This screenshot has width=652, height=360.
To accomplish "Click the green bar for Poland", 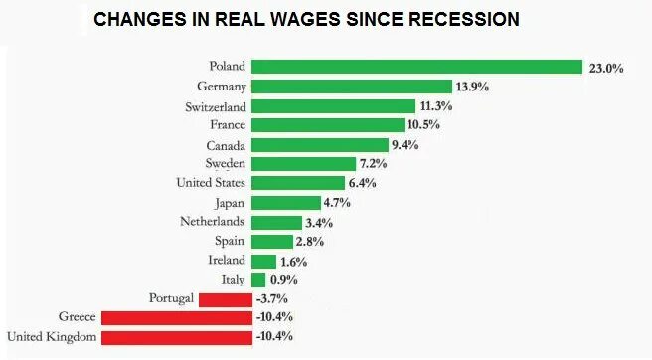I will [x=415, y=68].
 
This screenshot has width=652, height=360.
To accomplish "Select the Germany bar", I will [x=351, y=87].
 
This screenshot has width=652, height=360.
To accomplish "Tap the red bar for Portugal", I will [x=225, y=299].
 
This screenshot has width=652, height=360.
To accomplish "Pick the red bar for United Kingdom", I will [x=176, y=338].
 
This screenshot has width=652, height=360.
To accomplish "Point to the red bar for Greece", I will [x=176, y=318].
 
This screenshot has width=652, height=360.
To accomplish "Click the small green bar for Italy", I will [x=257, y=280].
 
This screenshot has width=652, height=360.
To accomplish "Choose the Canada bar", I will [x=319, y=145].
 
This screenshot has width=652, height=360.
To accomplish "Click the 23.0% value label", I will [x=605, y=69].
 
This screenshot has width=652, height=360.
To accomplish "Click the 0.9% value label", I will [x=284, y=281].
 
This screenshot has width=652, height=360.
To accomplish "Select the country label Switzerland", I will [x=216, y=106].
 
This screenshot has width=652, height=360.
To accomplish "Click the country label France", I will [x=227, y=125].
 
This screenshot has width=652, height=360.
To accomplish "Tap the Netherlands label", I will [x=213, y=222].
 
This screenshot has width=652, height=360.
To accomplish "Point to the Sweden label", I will [x=226, y=164].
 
